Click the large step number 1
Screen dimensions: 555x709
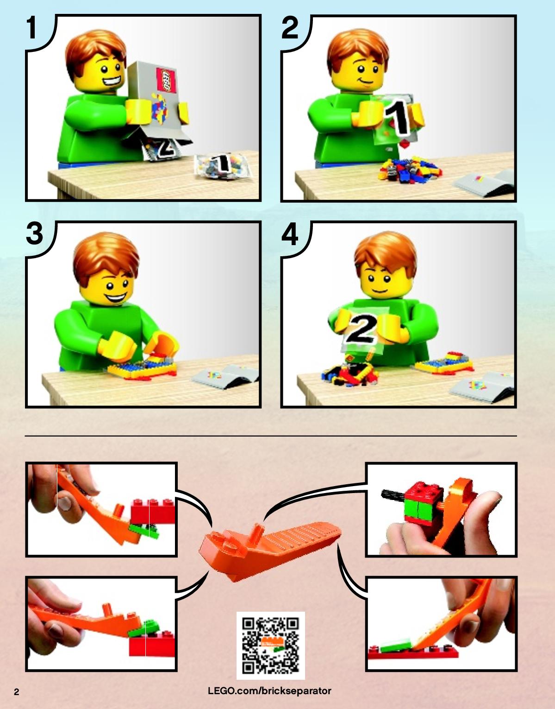point(31,28)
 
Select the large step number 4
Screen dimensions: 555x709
point(290,234)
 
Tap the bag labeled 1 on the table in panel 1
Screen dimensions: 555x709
point(223,165)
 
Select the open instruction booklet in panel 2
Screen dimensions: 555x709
point(485,183)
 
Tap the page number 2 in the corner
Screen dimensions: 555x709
point(17,692)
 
